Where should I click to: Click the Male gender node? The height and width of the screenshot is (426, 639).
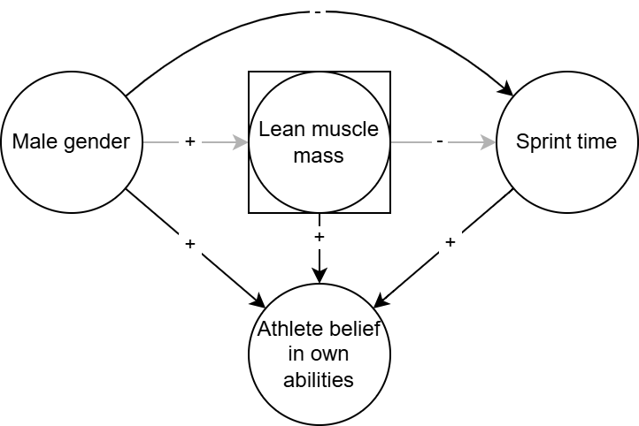pyautogui.click(x=72, y=141)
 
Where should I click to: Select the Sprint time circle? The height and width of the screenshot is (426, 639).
pyautogui.click(x=567, y=141)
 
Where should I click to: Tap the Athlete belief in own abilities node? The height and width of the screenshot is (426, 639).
pyautogui.click(x=319, y=354)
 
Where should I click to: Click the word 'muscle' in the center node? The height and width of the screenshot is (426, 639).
pyautogui.click(x=347, y=130)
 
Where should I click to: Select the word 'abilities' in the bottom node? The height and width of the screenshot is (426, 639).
pyautogui.click(x=319, y=379)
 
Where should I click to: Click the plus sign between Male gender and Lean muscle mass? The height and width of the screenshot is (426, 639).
pyautogui.click(x=189, y=141)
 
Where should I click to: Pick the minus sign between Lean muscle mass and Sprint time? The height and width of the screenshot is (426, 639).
pyautogui.click(x=440, y=141)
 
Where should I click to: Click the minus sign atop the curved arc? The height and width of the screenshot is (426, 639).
pyautogui.click(x=319, y=11)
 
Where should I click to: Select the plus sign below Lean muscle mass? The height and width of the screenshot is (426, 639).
pyautogui.click(x=319, y=237)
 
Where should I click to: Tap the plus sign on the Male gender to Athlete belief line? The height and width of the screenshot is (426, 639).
pyautogui.click(x=189, y=242)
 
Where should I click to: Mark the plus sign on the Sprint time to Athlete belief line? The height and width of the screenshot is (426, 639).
pyautogui.click(x=450, y=242)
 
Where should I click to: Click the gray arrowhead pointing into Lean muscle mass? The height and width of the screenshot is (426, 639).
pyautogui.click(x=241, y=141)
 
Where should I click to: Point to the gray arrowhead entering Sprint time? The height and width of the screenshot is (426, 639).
pyautogui.click(x=489, y=141)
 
